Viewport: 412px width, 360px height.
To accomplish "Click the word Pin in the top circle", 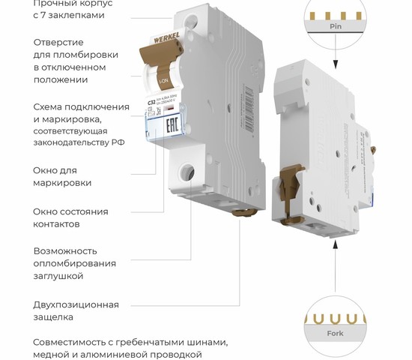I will (336, 25).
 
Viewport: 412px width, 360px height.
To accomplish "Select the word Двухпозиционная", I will (76, 304).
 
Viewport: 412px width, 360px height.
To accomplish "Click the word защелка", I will (53, 317).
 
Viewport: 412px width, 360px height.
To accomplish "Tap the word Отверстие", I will (58, 41).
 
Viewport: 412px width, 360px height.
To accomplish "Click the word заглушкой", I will (58, 276).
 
